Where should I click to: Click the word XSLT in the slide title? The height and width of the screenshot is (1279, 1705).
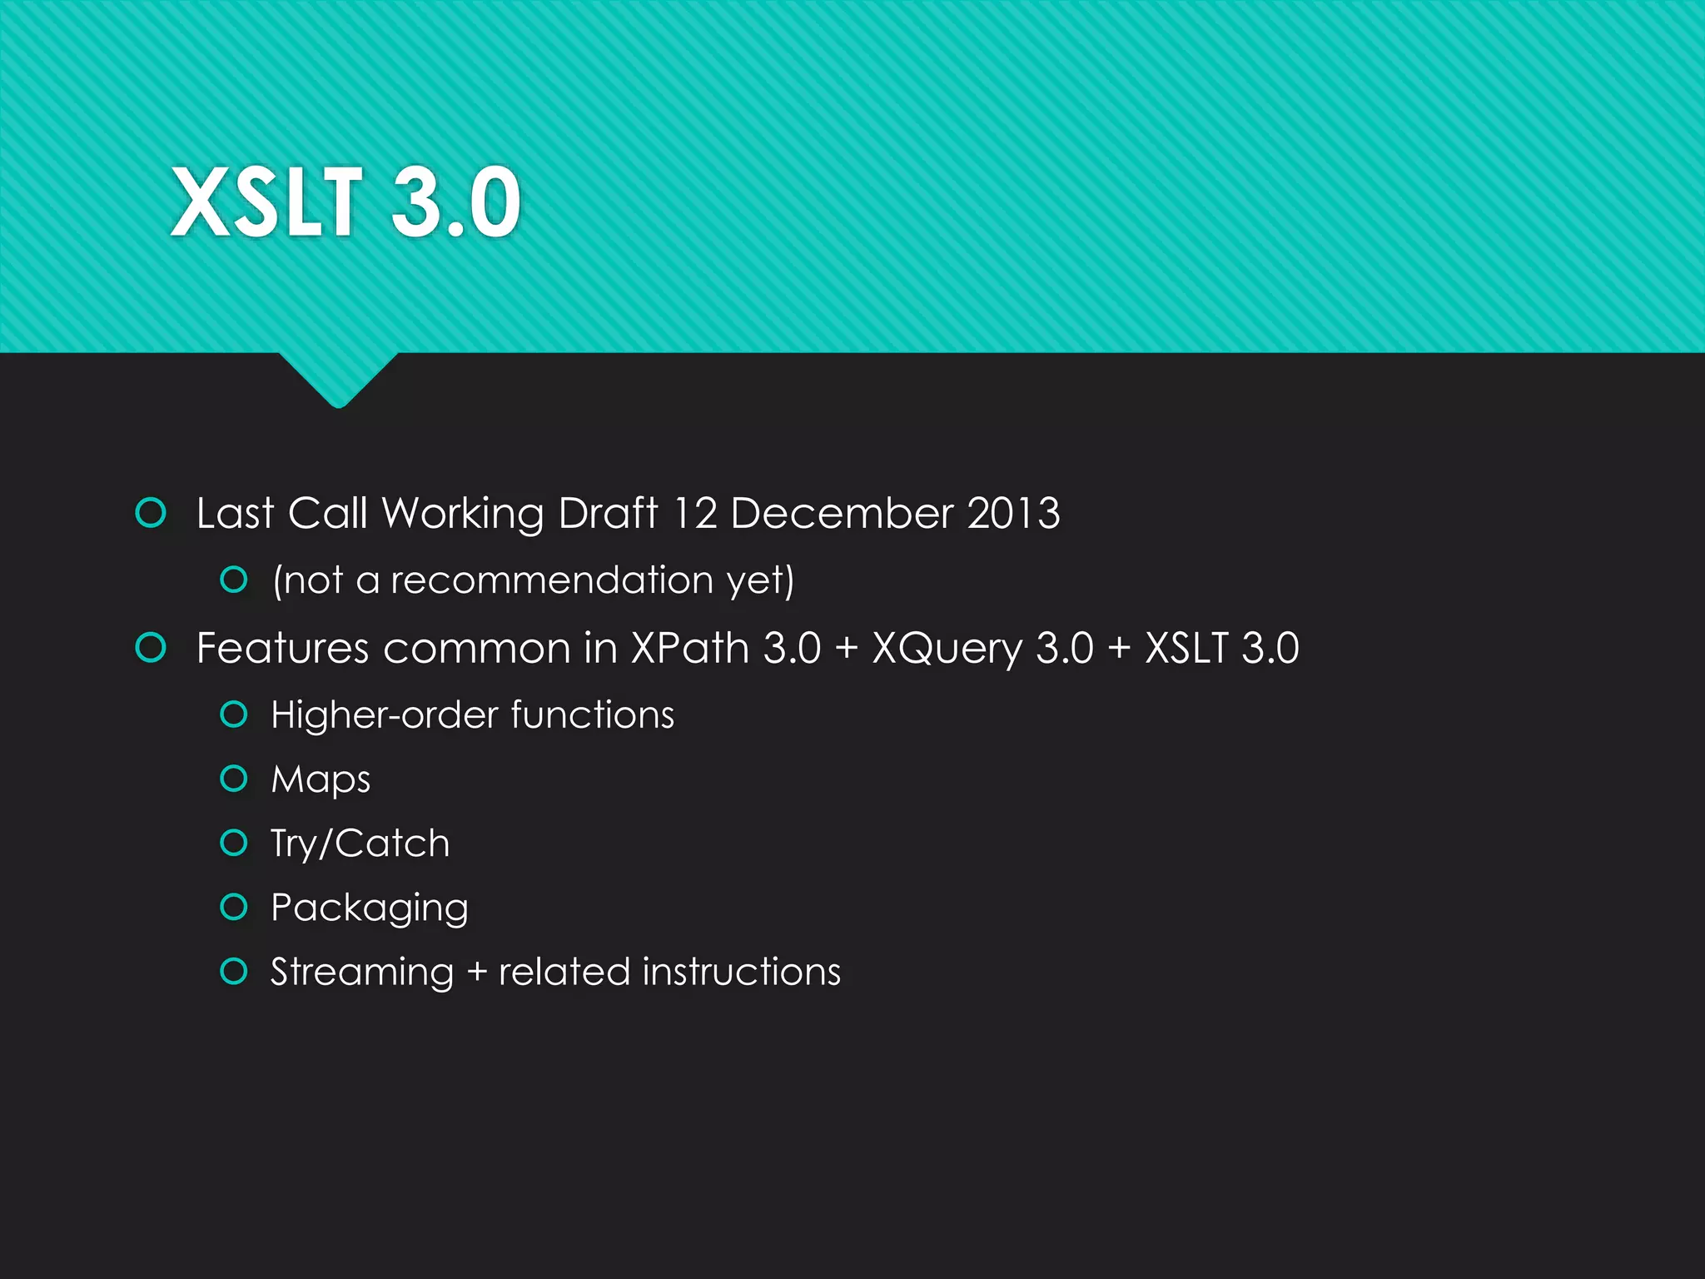click(266, 202)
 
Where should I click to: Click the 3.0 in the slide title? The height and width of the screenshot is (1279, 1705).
click(455, 202)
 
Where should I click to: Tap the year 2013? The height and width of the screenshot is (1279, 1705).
click(1013, 513)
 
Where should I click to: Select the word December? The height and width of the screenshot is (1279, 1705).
click(842, 513)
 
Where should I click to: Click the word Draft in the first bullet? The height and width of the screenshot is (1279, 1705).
click(608, 513)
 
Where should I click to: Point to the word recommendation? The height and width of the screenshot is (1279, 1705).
click(552, 580)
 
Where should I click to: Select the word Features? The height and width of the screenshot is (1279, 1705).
click(282, 648)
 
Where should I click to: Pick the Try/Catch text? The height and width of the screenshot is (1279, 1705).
click(360, 844)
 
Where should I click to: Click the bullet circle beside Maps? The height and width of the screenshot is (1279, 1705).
click(234, 779)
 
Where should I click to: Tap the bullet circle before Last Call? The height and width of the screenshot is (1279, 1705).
click(151, 513)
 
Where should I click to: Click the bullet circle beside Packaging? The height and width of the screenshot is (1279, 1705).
click(234, 907)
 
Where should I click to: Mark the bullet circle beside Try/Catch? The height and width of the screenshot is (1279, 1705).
click(234, 843)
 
